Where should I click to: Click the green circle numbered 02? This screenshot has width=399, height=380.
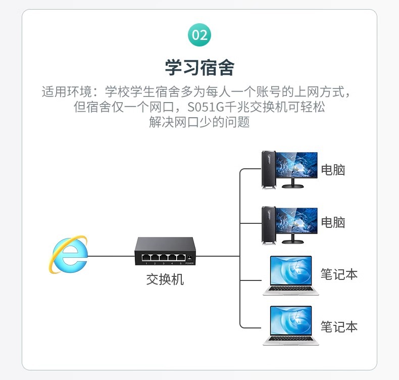(x=199, y=35)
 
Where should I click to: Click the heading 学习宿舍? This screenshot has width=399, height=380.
(x=199, y=67)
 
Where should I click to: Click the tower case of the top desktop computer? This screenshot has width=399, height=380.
(x=268, y=170)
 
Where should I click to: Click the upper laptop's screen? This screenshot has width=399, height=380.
(x=290, y=271)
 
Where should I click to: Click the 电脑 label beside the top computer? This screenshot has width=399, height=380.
(x=333, y=170)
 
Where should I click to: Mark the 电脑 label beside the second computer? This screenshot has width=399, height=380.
(x=333, y=222)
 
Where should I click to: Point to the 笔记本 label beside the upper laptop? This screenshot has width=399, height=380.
(x=339, y=274)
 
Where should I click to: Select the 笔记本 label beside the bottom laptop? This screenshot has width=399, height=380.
(x=339, y=326)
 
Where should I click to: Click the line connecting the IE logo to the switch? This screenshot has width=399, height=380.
(x=111, y=256)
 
